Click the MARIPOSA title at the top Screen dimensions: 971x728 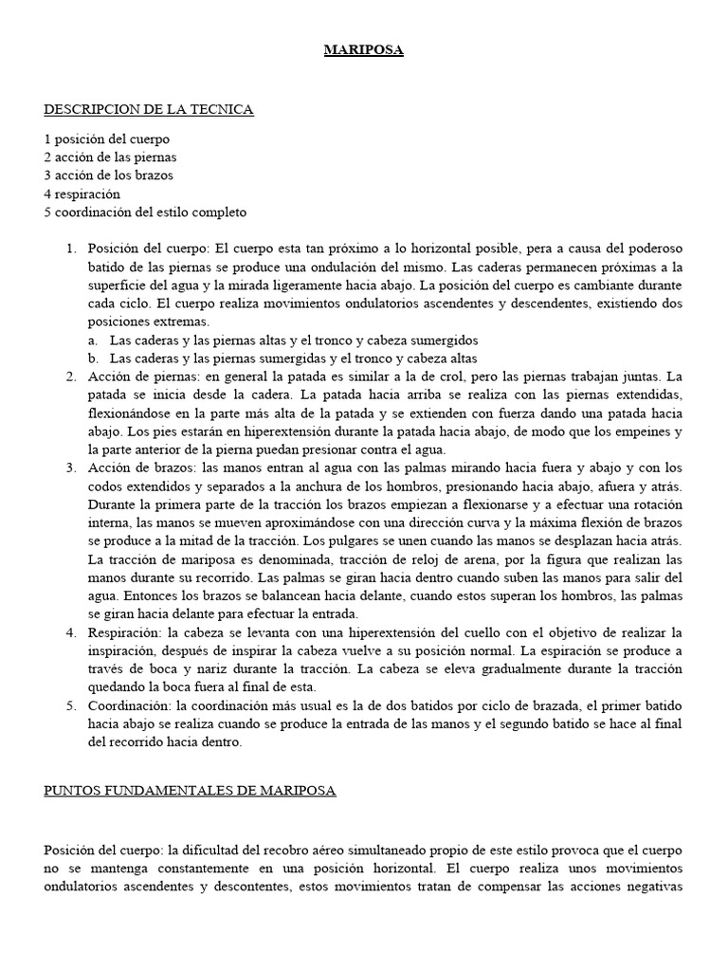tap(364, 50)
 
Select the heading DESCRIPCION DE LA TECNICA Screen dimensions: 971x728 tap(149, 110)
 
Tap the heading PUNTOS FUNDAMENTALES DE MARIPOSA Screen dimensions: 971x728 tap(190, 790)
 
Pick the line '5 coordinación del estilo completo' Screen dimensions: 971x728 tap(145, 212)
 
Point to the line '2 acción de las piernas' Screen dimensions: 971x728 tap(110, 156)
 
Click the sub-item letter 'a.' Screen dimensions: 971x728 tap(93, 339)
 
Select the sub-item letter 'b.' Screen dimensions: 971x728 tap(93, 358)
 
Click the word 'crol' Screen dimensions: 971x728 tap(449, 376)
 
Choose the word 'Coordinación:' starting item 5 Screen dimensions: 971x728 tap(126, 706)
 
